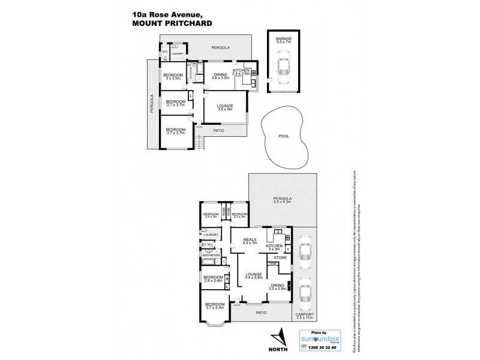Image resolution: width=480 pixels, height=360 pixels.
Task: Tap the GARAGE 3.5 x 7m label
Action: pyautogui.click(x=284, y=40)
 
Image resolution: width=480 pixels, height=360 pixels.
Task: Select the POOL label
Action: pyautogui.click(x=284, y=136)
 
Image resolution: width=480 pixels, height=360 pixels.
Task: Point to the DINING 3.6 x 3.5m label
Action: pyautogui.click(x=221, y=77)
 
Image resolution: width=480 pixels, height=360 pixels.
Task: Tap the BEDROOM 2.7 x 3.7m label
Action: pyautogui.click(x=175, y=103)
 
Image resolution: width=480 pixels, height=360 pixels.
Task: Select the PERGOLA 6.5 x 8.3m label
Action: pyautogui.click(x=282, y=200)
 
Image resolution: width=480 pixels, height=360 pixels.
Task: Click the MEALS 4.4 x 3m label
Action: pyautogui.click(x=248, y=241)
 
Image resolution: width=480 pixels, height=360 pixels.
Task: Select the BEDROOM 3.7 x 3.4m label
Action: pyautogui.click(x=214, y=307)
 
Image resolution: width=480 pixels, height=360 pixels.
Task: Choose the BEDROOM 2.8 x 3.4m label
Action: pyautogui.click(x=212, y=279)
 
